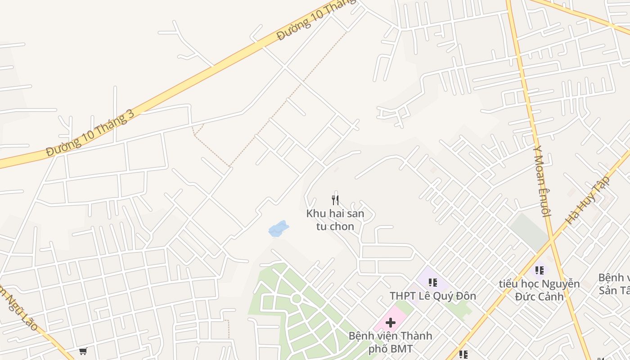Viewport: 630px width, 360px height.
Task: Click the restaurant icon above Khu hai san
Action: [x=335, y=200]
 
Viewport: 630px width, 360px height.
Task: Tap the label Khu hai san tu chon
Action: [x=335, y=220]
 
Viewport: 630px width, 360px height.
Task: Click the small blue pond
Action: [x=278, y=229]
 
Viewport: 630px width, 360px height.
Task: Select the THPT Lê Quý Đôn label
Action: [x=432, y=296]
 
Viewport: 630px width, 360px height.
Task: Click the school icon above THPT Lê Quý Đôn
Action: [x=432, y=283]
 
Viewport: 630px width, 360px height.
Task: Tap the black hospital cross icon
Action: [x=391, y=322]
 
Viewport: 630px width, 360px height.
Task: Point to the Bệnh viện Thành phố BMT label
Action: [x=390, y=342]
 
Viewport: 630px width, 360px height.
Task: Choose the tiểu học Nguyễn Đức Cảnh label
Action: [x=539, y=290]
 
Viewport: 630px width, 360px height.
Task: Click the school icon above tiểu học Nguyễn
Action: [x=539, y=270]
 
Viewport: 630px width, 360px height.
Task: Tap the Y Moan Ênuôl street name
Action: [x=542, y=181]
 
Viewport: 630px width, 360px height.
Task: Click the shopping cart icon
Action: [x=83, y=351]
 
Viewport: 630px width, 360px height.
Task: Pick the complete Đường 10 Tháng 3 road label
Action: [x=90, y=134]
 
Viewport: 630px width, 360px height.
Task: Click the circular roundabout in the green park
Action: [x=296, y=298]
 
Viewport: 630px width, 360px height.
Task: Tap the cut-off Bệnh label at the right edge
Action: [x=614, y=283]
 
